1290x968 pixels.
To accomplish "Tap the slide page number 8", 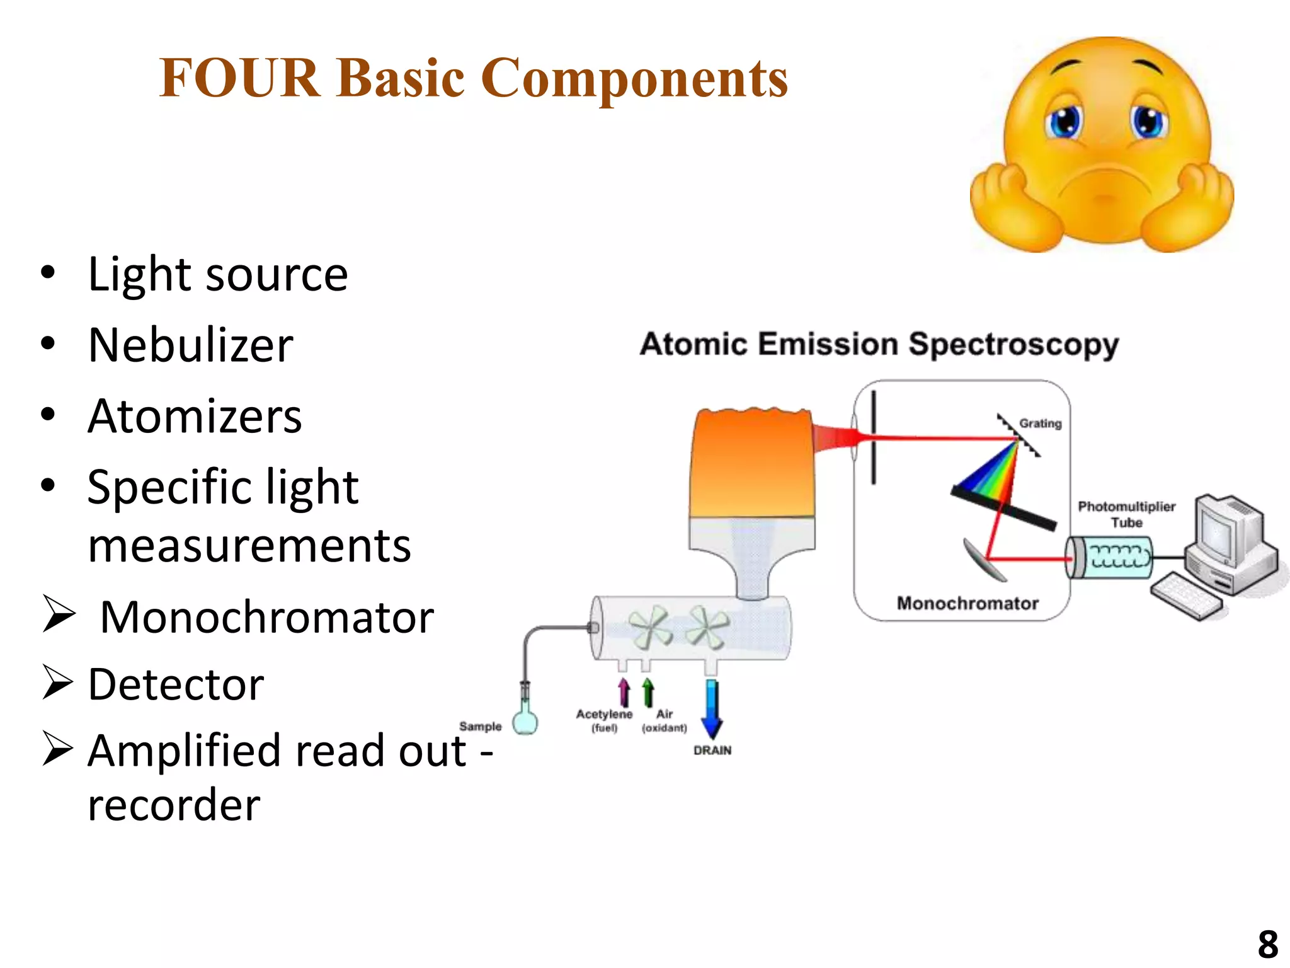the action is click(1267, 944).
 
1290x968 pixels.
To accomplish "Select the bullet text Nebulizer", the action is click(190, 345).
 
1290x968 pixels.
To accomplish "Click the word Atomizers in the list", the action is click(195, 417).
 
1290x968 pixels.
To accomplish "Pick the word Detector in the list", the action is click(176, 684).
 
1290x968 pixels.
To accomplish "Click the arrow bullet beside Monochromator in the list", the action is click(59, 614).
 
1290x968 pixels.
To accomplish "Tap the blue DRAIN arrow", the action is click(712, 709).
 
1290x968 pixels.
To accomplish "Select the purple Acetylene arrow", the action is click(624, 692).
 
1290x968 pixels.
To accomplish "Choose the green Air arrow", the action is click(648, 692).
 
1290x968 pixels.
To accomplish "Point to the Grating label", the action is click(1040, 423).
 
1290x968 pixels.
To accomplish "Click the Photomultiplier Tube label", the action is click(1126, 514).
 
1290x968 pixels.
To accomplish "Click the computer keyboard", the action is click(1185, 596).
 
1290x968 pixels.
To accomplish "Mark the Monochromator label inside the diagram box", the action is click(967, 603).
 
